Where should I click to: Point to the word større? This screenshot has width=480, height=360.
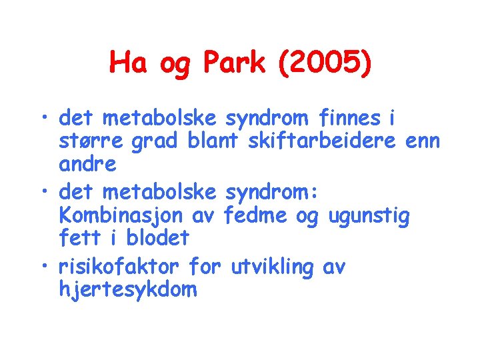click(91, 142)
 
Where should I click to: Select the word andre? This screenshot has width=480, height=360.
click(87, 164)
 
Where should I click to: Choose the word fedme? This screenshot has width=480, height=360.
click(259, 216)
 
